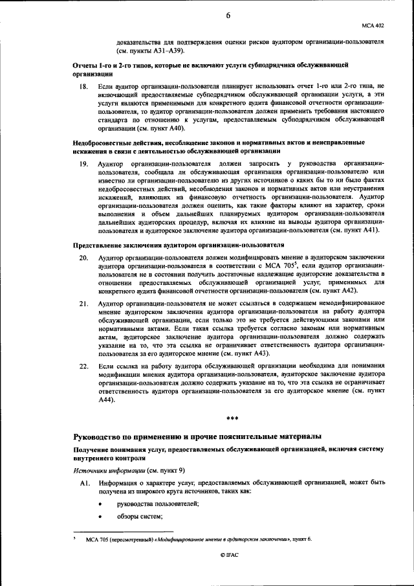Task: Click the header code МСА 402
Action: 374,25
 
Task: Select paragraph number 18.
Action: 83,85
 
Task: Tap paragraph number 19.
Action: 83,164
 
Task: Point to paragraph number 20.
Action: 83,257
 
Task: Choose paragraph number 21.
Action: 83,303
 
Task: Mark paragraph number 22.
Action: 83,366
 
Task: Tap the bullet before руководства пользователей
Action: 102,504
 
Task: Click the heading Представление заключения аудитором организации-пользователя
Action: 178,245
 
